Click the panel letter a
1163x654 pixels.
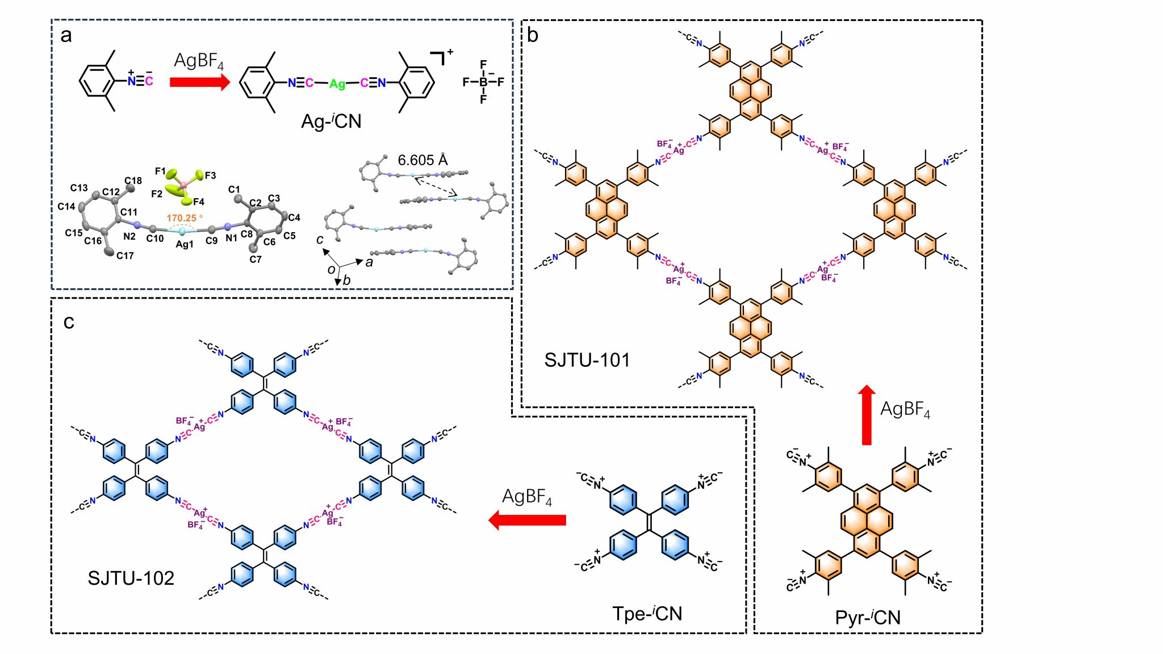point(66,36)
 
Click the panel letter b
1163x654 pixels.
point(533,35)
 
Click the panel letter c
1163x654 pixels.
point(69,322)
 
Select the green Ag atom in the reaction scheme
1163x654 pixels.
point(337,84)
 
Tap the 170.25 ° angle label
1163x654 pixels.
point(184,218)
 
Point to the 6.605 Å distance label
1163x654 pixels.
point(423,160)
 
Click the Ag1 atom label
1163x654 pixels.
point(185,245)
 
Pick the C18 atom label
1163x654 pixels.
point(133,181)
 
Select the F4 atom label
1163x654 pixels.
point(198,202)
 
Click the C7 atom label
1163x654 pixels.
point(256,259)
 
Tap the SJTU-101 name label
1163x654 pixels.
point(587,360)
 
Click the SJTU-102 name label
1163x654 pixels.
point(131,578)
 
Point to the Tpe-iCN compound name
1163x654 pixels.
point(647,614)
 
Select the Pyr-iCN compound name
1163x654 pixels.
point(868,618)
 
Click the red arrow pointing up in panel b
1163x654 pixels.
point(867,414)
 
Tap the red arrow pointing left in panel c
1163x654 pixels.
point(528,520)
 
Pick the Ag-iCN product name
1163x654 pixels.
point(331,121)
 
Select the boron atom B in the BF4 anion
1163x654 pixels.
point(483,82)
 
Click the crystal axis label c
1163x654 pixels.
point(320,240)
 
